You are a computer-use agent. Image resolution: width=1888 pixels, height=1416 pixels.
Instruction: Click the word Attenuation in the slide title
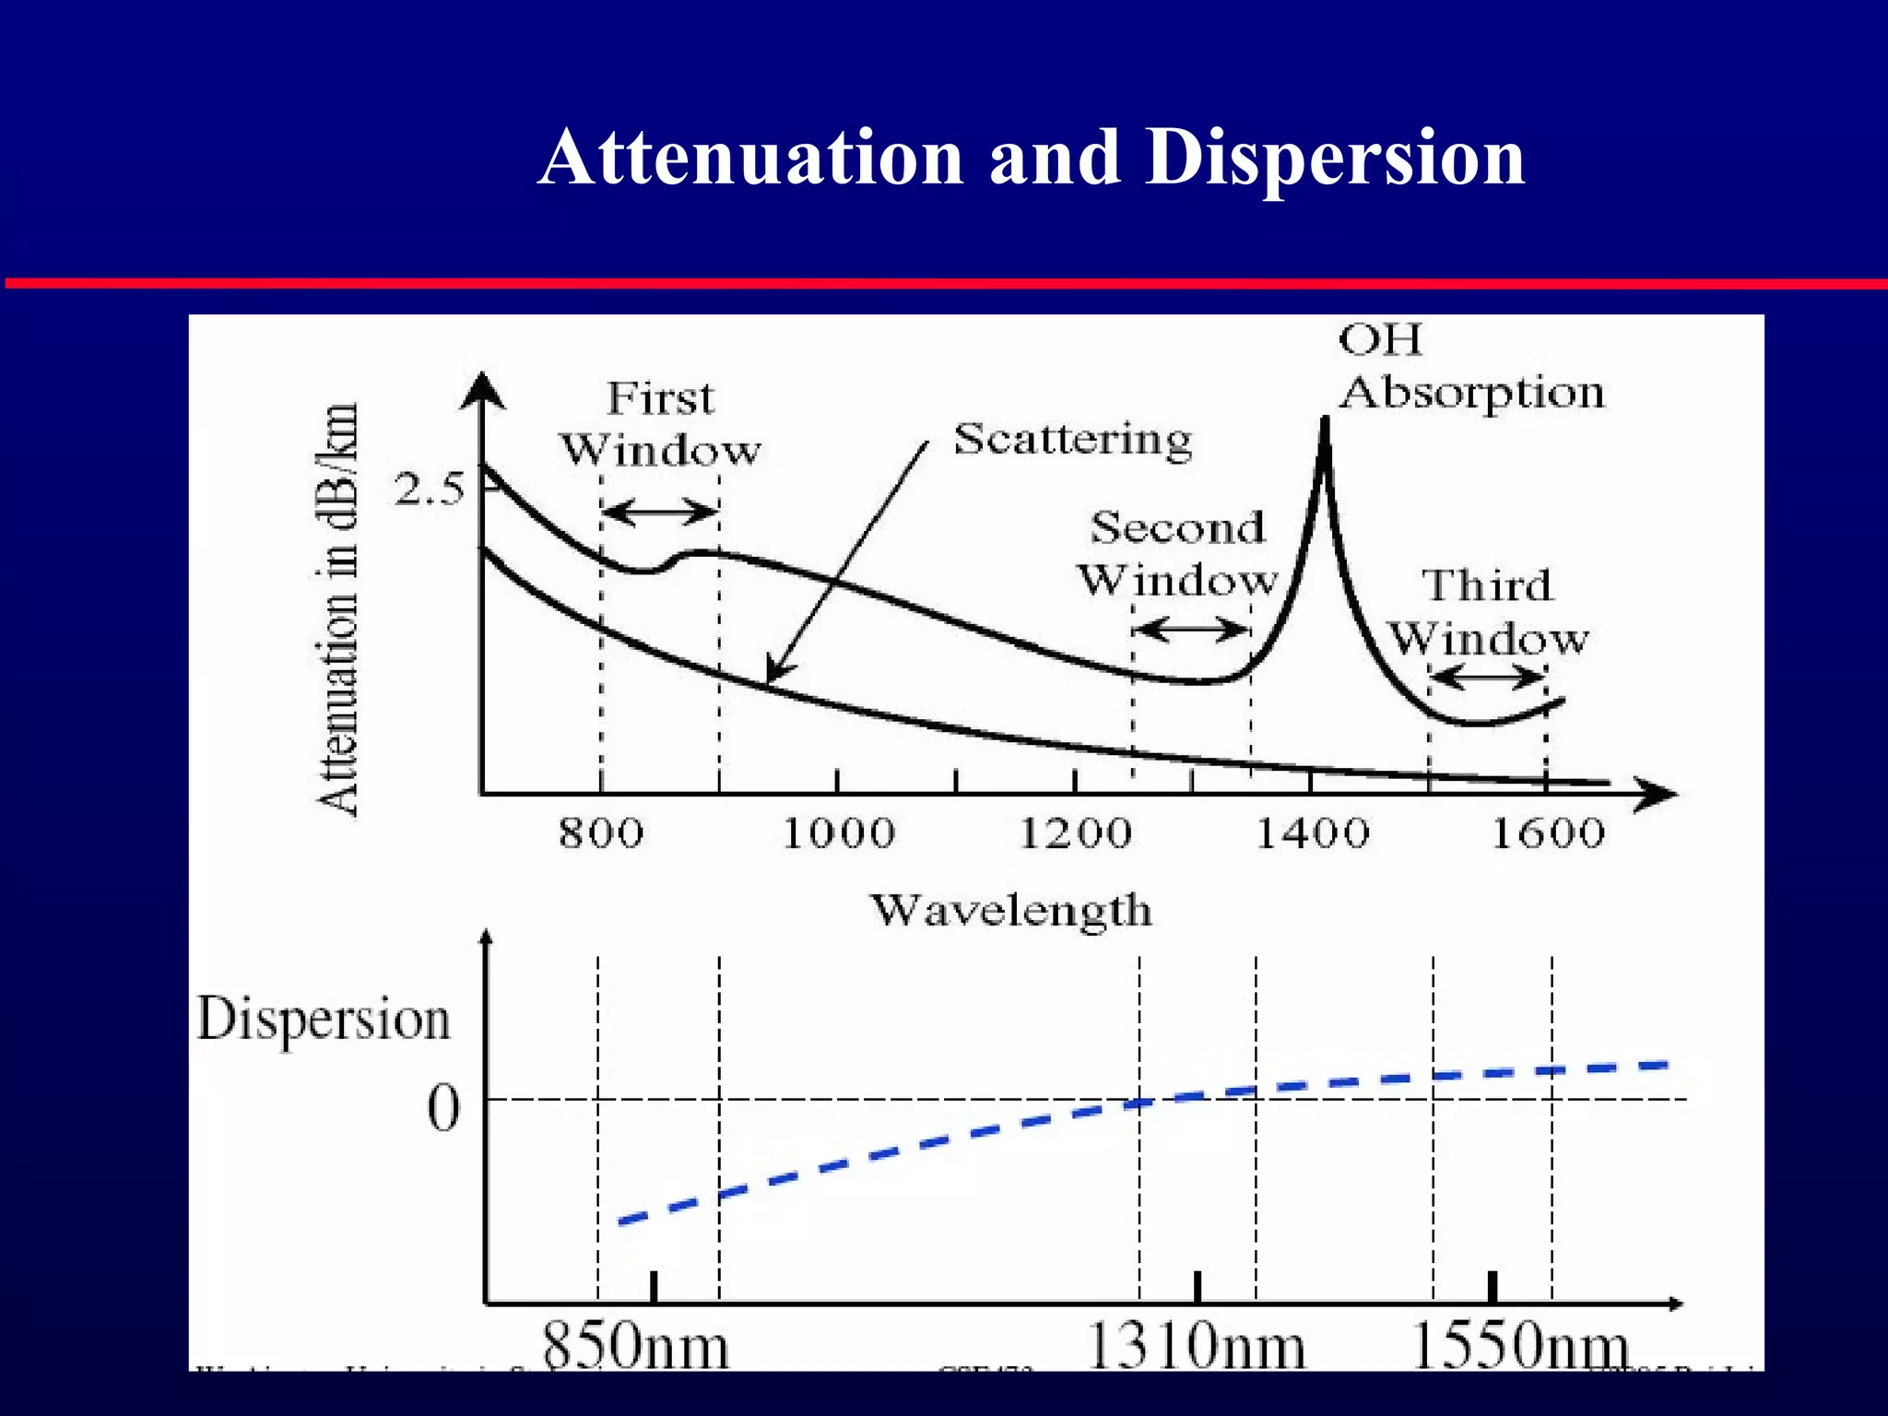[750, 159]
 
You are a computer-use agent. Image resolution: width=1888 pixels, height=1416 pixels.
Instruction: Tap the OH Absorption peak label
[1470, 367]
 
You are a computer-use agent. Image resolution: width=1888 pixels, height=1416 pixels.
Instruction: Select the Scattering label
[1072, 440]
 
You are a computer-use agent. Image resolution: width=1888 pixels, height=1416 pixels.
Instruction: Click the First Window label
[661, 424]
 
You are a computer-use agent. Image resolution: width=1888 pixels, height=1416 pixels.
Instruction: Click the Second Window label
[1177, 554]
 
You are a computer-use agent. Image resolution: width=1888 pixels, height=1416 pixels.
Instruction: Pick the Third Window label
[1488, 611]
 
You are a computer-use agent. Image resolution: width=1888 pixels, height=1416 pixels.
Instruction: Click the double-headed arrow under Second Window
[1191, 631]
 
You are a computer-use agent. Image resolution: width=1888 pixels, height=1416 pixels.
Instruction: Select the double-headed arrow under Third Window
[1488, 679]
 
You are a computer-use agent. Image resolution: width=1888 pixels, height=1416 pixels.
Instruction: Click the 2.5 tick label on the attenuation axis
[429, 490]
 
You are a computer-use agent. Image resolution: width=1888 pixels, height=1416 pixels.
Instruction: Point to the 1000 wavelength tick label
[838, 833]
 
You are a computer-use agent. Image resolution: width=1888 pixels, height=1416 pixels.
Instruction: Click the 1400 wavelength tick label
[1312, 833]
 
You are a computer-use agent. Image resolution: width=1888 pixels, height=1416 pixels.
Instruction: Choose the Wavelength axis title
[1011, 910]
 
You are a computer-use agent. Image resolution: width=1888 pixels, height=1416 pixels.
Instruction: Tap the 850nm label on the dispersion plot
[635, 1347]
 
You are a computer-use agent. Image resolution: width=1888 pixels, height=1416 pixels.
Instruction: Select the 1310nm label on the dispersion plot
[1196, 1347]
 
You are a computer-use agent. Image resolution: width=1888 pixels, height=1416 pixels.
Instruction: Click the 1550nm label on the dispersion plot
[1519, 1347]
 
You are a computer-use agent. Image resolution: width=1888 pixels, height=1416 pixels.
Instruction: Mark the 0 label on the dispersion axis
[443, 1108]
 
